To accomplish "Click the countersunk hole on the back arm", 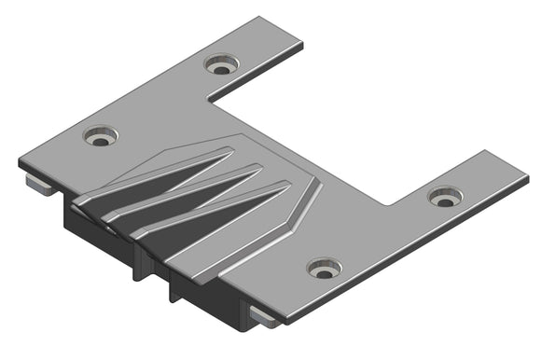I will coord(222,65).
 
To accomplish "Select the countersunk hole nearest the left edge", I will coord(101,136).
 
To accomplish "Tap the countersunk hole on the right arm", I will coord(445,196).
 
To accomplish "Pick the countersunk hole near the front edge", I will coord(325,269).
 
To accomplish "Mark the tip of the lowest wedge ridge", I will coord(287,185).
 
